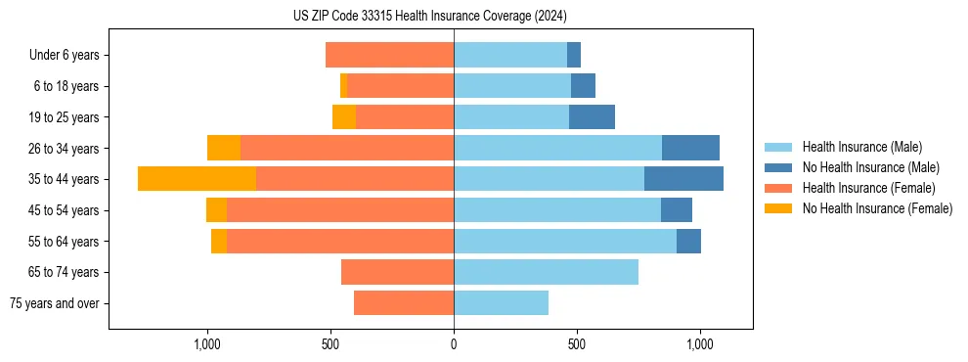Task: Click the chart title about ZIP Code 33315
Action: (429, 16)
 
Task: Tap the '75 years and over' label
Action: (55, 303)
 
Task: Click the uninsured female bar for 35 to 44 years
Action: (197, 179)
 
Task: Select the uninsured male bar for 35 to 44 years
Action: (683, 179)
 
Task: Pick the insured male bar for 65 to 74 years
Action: (546, 272)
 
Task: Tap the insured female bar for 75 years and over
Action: (404, 303)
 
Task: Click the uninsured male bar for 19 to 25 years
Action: (592, 117)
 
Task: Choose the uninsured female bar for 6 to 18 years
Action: (344, 86)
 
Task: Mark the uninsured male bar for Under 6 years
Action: (574, 55)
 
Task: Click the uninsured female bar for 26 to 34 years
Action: (224, 148)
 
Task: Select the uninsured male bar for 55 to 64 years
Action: (688, 241)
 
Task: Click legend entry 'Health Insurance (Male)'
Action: (861, 147)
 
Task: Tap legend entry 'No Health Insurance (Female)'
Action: (877, 208)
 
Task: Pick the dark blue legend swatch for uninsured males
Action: (778, 167)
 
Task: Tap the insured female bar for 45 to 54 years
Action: (340, 210)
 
